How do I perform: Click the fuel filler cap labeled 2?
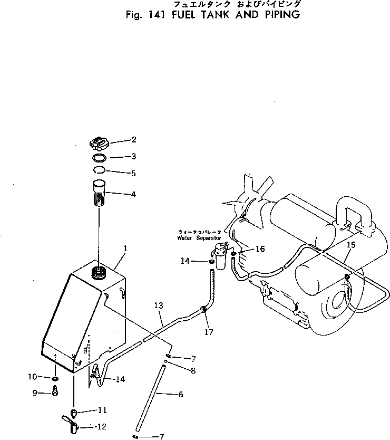click(x=98, y=143)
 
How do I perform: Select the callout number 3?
click(x=133, y=156)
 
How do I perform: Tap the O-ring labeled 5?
click(x=99, y=170)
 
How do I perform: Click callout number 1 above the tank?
click(x=125, y=247)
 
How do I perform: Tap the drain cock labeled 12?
click(x=72, y=424)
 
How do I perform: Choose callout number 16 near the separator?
click(x=260, y=249)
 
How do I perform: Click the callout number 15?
click(x=352, y=244)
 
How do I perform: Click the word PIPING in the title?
click(x=279, y=14)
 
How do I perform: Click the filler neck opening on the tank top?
click(x=99, y=272)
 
